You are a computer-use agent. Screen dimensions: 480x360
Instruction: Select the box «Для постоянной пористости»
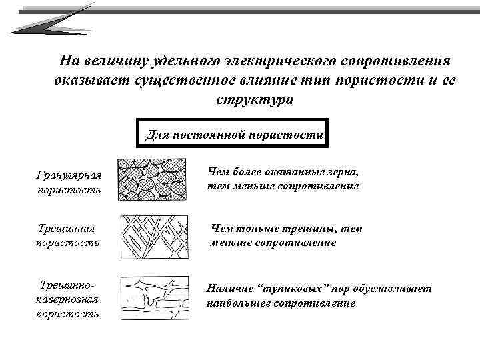(x=234, y=134)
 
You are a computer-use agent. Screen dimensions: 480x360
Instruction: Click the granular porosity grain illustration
(x=152, y=179)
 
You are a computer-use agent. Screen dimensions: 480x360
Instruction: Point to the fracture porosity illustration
(x=152, y=236)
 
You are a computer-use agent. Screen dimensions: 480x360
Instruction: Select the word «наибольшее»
(x=244, y=303)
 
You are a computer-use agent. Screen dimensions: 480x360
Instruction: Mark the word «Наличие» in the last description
(x=230, y=289)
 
